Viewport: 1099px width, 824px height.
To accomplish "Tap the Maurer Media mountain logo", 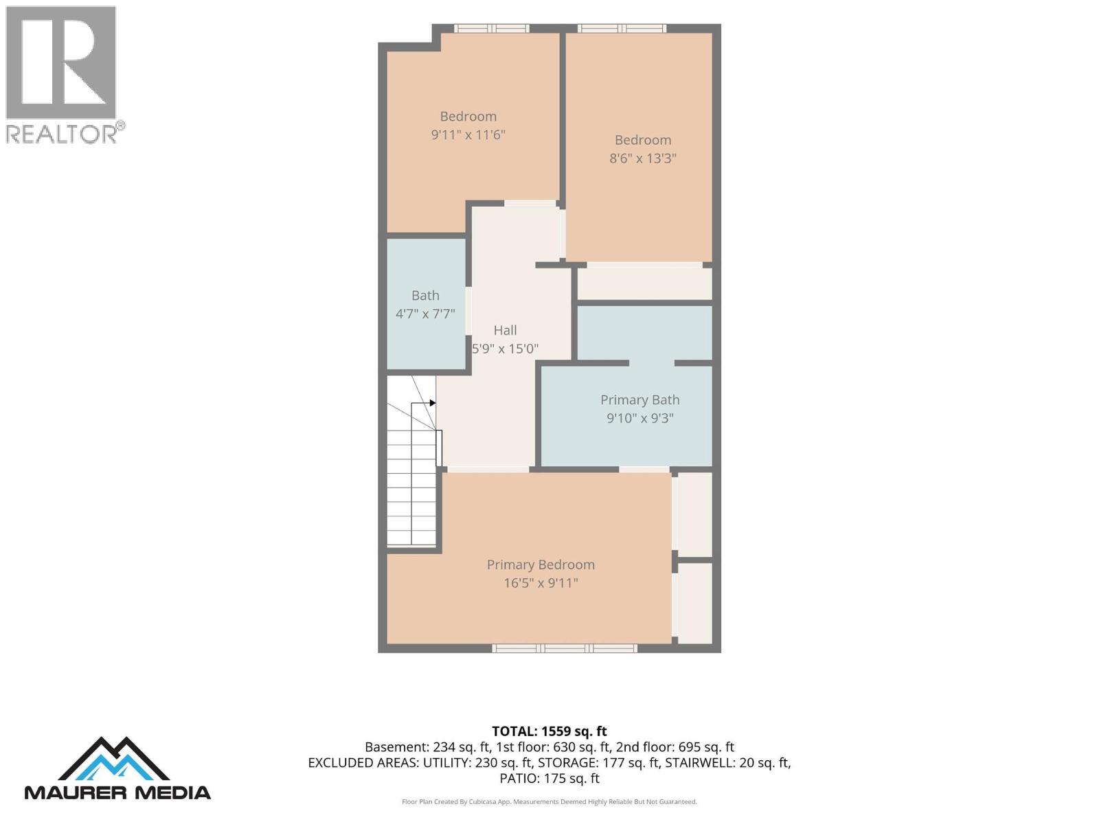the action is click(x=113, y=759).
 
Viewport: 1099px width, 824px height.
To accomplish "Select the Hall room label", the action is click(x=505, y=330).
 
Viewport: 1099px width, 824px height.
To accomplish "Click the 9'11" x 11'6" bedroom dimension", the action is click(x=468, y=135).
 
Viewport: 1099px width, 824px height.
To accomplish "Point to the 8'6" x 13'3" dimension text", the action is click(x=642, y=158).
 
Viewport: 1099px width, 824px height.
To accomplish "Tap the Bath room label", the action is click(x=425, y=295).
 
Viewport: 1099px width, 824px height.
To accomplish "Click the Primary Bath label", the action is click(x=640, y=400).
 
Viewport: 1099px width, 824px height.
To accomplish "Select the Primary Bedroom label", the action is click(x=541, y=564).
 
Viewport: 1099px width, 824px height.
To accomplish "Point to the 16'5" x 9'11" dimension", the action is click(x=541, y=583).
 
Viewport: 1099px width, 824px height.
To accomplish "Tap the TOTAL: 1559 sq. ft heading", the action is click(x=549, y=731).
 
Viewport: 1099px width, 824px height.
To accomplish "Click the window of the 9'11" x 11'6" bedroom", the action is click(x=491, y=29).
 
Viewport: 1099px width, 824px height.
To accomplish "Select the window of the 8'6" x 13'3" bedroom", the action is click(x=622, y=29).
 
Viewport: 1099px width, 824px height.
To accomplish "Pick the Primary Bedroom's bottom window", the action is click(x=565, y=648).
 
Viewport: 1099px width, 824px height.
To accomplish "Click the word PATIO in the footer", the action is click(x=518, y=779).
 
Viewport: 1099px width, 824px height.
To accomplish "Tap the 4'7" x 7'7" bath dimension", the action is click(x=425, y=314).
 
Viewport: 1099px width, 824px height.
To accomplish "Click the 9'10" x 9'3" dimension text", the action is click(x=640, y=418).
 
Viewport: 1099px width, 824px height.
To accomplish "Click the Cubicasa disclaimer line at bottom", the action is click(x=549, y=801).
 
